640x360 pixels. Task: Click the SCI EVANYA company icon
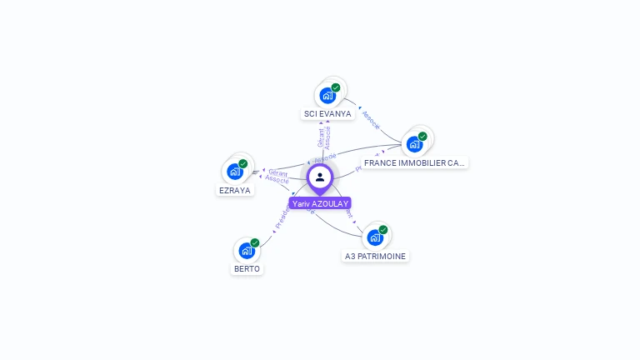tap(327, 96)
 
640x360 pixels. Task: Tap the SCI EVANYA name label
tap(327, 113)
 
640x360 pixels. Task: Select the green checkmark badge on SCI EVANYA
tap(336, 87)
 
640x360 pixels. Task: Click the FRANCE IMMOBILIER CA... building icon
tap(414, 144)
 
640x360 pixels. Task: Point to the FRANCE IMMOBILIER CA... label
tap(415, 162)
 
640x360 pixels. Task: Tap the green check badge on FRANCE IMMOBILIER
tap(422, 136)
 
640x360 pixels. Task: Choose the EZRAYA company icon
tap(235, 172)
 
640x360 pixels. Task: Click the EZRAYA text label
tap(235, 190)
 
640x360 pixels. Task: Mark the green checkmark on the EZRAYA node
tap(243, 163)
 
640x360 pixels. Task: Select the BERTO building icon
tap(247, 250)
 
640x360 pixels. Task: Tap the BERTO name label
tap(247, 268)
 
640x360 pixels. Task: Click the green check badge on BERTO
tap(255, 242)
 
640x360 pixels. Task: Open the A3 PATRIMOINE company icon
tap(375, 237)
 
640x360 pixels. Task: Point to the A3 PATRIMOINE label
tap(376, 256)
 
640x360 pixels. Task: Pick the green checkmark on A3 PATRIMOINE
tap(383, 229)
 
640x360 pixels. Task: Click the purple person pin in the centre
tap(320, 177)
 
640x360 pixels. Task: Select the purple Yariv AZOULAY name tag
tap(320, 203)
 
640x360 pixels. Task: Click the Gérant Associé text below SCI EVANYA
tap(324, 137)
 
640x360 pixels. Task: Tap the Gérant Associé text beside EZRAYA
tap(277, 176)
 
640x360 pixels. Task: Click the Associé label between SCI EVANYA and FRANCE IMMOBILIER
tap(371, 120)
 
